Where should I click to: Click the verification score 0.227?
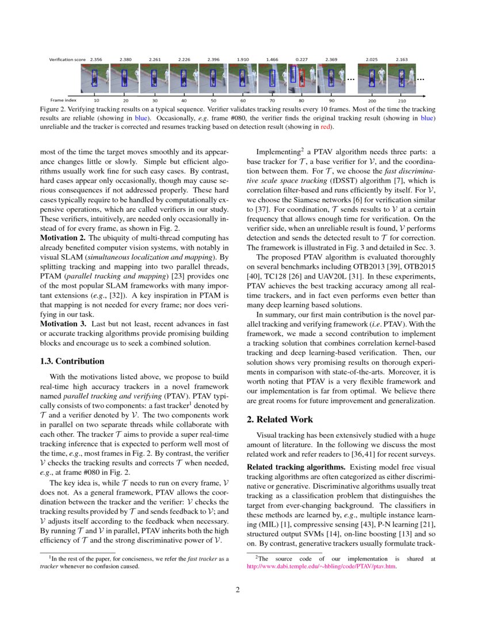[301, 59]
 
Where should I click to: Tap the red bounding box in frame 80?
[301, 79]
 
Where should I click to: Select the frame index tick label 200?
[372, 101]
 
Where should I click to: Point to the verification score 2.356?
[96, 59]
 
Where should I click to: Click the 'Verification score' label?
[67, 59]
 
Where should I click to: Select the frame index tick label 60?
[243, 101]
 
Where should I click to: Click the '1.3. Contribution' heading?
[72, 361]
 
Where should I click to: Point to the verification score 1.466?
[272, 59]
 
